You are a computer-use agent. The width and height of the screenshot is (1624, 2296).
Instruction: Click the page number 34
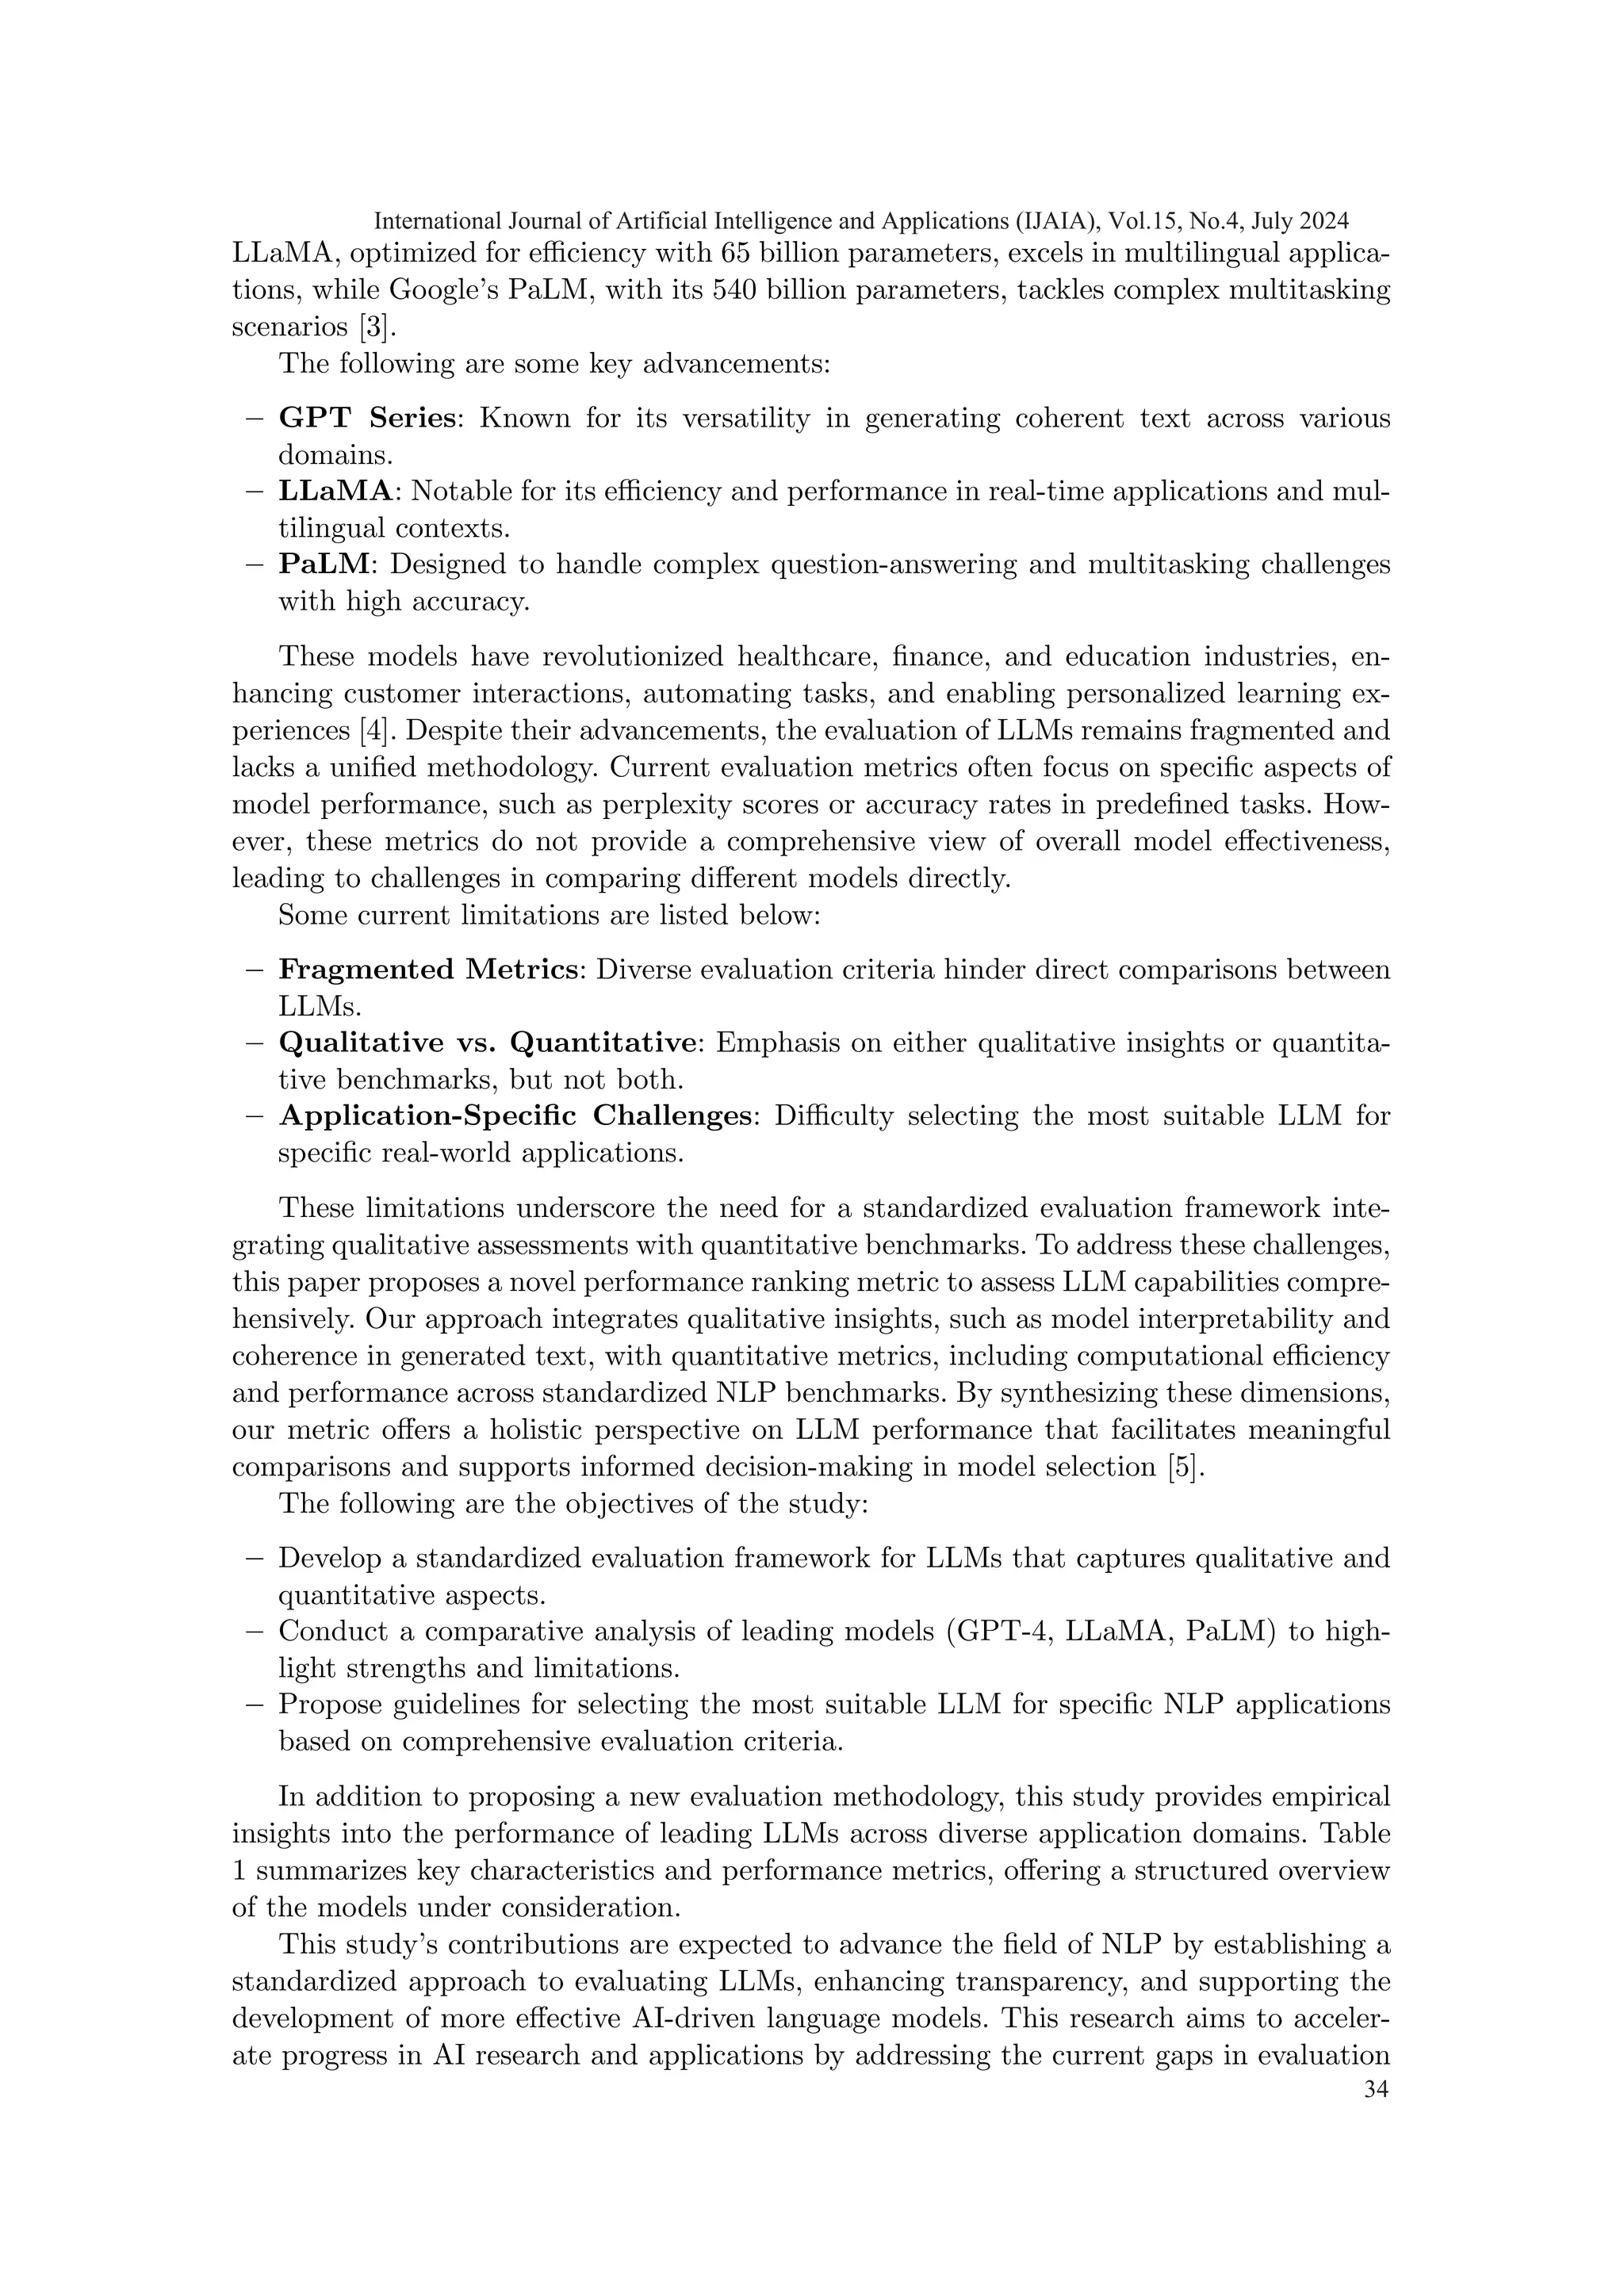(1376, 2091)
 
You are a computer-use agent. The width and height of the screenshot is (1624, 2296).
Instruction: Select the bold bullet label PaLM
(325, 565)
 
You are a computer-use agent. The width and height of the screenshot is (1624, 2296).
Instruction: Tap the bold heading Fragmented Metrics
(428, 970)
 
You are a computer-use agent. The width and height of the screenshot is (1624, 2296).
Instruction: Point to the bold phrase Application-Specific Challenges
(515, 1116)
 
